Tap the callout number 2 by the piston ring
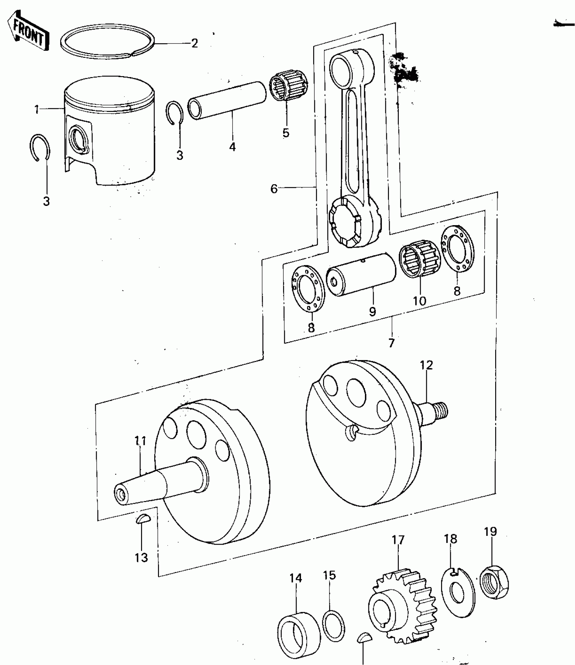194,43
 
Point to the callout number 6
274,189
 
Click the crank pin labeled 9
361,274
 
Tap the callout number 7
391,343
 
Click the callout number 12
427,365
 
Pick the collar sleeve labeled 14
299,633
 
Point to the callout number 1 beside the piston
36,110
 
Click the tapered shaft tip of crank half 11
121,496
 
